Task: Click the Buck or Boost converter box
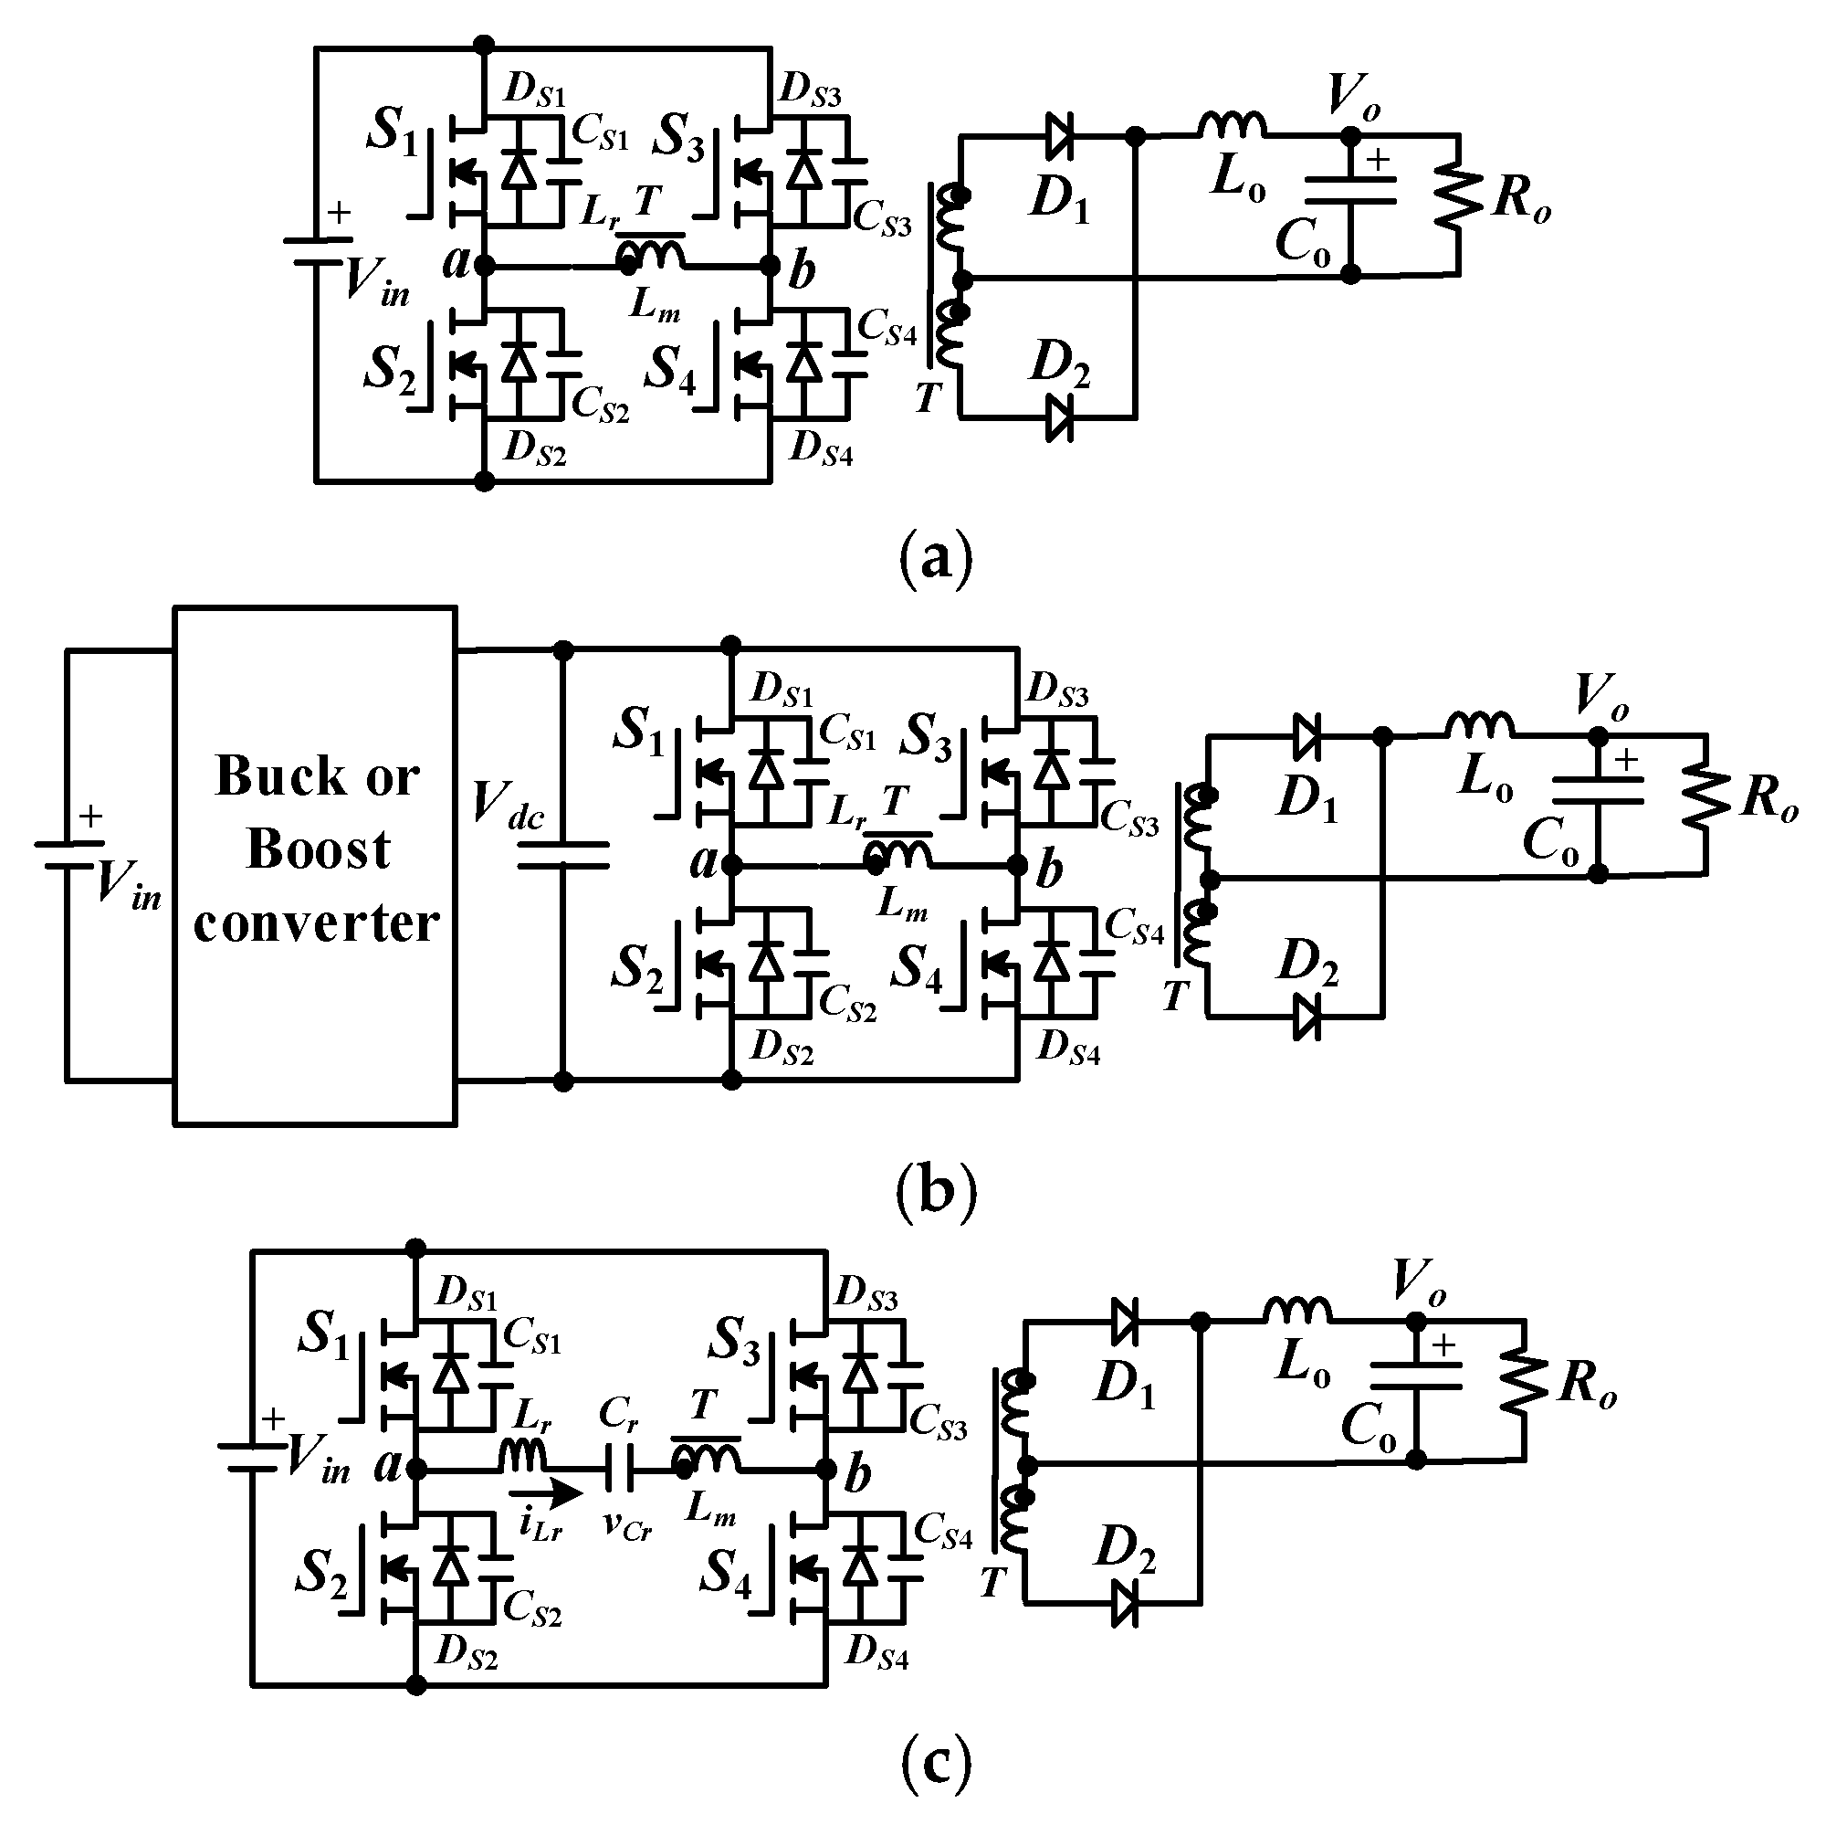pos(315,865)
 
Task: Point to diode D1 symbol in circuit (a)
pos(1058,138)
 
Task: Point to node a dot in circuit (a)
pos(484,267)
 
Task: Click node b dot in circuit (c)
pos(826,1469)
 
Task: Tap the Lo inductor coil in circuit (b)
pos(1478,725)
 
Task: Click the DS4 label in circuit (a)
pos(821,448)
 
